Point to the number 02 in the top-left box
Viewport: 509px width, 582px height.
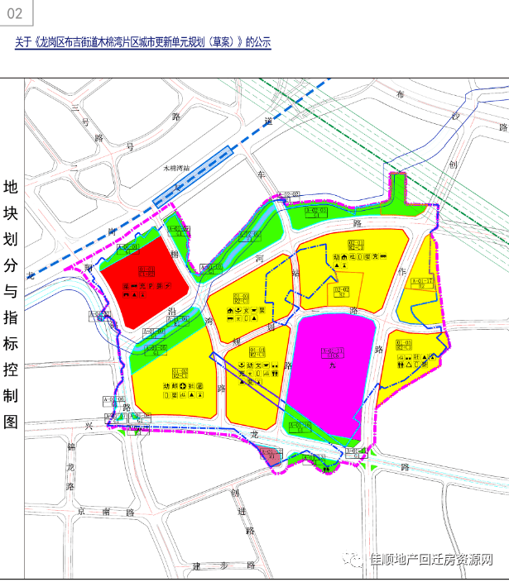pos(19,15)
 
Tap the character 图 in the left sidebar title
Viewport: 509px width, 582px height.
pos(11,421)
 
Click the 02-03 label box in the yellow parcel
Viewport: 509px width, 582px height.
pos(341,290)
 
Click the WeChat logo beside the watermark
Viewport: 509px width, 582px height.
pos(354,560)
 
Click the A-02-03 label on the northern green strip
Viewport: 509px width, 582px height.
pos(317,212)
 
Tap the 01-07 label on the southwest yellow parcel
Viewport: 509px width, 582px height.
pos(180,374)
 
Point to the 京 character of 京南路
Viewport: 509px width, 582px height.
pos(82,513)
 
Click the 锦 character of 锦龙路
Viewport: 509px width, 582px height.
pos(71,447)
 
